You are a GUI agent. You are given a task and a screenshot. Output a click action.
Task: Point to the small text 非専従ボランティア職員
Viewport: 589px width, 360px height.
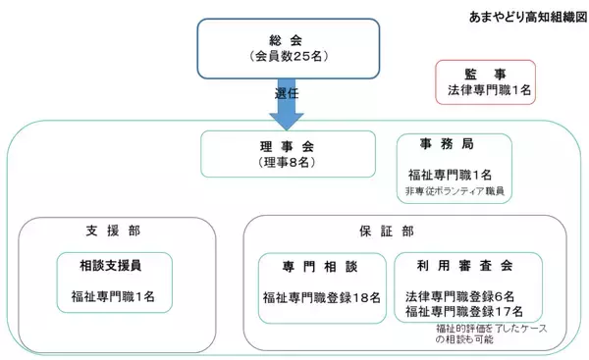tap(454, 190)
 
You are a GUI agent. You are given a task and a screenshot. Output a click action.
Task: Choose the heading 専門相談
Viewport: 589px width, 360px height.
tap(321, 266)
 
